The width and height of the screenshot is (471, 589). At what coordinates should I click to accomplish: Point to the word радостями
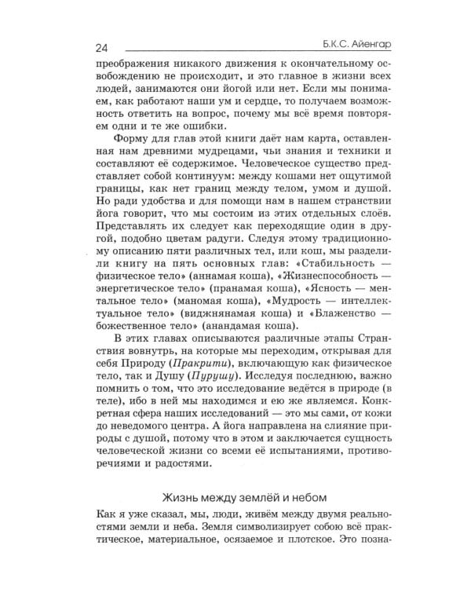click(x=177, y=464)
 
